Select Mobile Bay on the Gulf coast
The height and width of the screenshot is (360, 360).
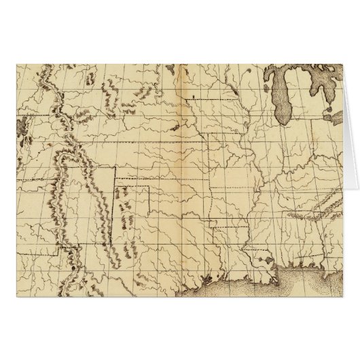[x=280, y=256]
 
